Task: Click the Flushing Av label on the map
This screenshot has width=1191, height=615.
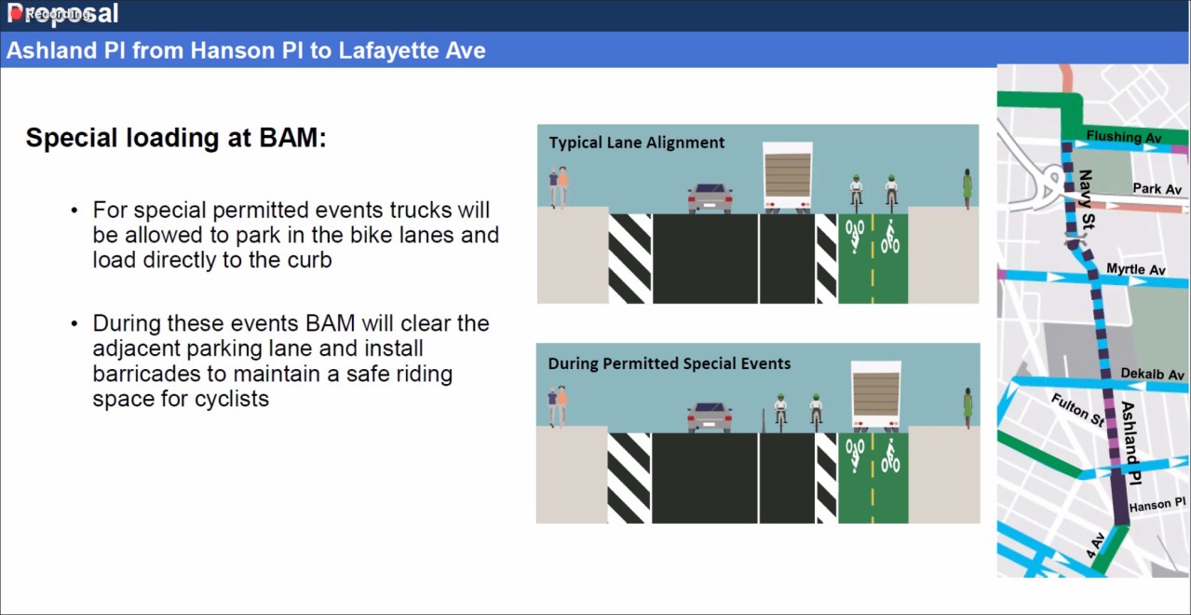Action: (x=1124, y=137)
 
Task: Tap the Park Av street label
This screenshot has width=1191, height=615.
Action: (x=1157, y=189)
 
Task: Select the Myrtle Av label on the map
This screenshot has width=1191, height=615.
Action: (x=1135, y=270)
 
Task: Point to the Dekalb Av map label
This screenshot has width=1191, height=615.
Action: (x=1153, y=375)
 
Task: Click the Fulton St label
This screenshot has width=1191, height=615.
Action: (x=1077, y=411)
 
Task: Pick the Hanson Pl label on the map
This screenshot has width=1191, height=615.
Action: (x=1156, y=505)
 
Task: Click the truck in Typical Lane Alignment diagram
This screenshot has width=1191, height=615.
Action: (x=787, y=177)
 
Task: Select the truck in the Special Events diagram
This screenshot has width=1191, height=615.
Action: (x=875, y=396)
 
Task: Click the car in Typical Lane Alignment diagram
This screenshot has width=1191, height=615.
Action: (x=710, y=198)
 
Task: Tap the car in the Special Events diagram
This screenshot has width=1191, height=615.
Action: (x=709, y=417)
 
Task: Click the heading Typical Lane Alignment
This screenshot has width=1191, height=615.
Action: (x=636, y=143)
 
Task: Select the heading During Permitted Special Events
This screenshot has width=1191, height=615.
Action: (x=669, y=363)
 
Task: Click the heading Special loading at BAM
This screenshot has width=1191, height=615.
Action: (x=176, y=138)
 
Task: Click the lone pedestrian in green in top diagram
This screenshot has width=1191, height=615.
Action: (x=967, y=189)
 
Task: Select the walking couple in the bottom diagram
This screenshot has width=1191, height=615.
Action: (x=557, y=407)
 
